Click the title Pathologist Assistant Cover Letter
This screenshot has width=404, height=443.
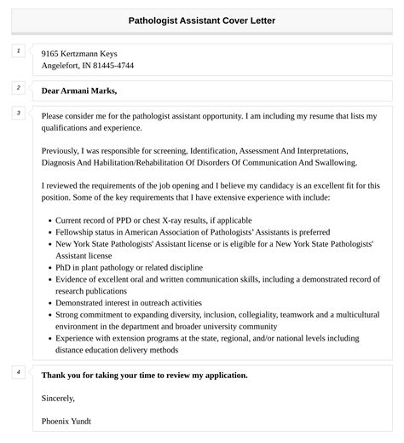(202, 19)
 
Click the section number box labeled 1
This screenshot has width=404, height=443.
(18, 51)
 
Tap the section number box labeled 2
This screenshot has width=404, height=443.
(18, 87)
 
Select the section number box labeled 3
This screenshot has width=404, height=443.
(18, 113)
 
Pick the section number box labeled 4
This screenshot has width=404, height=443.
(18, 372)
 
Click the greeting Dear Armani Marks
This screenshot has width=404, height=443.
(79, 90)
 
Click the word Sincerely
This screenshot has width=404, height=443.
(58, 398)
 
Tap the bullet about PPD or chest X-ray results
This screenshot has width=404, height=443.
(141, 219)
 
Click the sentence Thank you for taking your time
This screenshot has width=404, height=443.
(145, 375)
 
